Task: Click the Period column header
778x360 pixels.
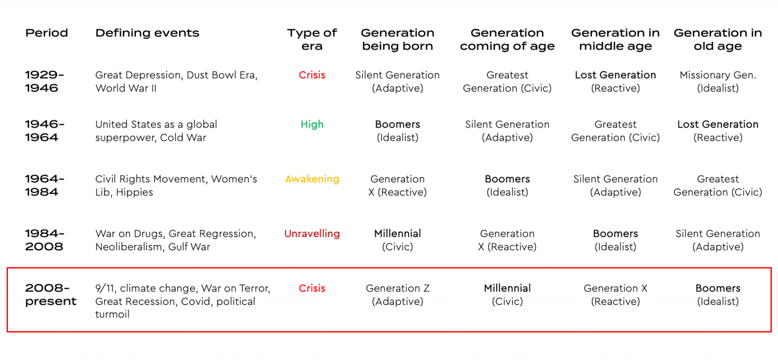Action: (47, 33)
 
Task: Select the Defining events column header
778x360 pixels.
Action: (147, 33)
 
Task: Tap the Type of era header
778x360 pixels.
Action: (312, 40)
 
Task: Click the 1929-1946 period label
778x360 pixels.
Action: (45, 81)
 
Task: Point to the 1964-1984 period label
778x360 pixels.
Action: (45, 185)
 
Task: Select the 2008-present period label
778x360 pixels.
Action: (51, 295)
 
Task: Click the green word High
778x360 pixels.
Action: (312, 124)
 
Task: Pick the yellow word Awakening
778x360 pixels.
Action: (312, 179)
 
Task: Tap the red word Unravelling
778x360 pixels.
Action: (312, 234)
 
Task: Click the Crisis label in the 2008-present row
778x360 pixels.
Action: (312, 288)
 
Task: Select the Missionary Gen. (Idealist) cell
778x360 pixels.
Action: (717, 81)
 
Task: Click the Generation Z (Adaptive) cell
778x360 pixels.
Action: (397, 295)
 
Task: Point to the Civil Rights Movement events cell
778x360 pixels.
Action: (176, 185)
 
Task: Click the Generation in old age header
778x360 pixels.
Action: (717, 40)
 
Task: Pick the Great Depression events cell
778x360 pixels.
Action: (177, 81)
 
